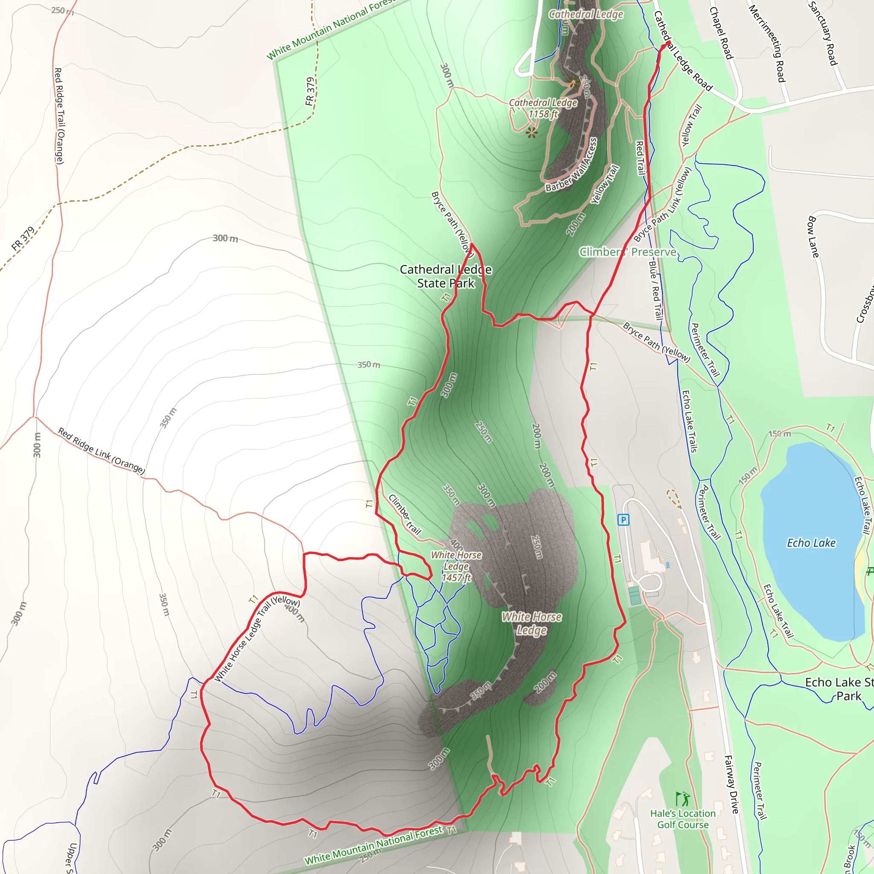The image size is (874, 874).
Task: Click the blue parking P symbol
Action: tap(623, 520)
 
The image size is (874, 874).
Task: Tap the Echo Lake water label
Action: tap(811, 543)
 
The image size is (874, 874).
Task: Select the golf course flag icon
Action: tap(683, 799)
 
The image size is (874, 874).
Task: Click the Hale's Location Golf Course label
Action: tap(683, 819)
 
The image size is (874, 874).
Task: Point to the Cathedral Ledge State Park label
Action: tap(446, 277)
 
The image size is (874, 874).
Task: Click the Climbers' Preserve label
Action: tap(628, 252)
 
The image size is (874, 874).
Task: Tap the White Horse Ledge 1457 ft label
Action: tap(456, 566)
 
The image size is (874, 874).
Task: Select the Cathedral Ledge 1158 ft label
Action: tap(543, 108)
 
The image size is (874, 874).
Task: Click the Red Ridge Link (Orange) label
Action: tap(101, 451)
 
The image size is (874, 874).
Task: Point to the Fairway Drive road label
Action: tap(731, 784)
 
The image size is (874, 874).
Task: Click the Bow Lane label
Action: tap(813, 237)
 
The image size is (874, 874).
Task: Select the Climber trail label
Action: tap(405, 515)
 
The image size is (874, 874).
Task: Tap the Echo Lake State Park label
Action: tap(839, 689)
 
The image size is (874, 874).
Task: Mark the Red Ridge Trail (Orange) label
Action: tap(59, 116)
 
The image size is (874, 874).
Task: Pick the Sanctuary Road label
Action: tap(823, 33)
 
